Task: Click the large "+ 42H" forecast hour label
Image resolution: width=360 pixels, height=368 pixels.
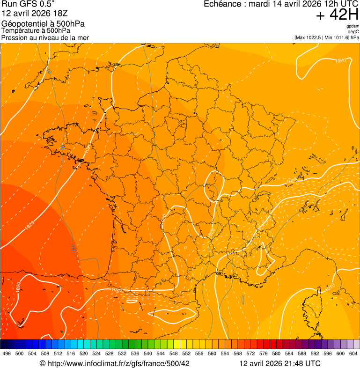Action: click(337, 15)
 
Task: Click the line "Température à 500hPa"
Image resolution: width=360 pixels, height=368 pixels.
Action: click(36, 31)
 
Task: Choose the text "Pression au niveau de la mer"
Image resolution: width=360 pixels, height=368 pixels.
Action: click(45, 37)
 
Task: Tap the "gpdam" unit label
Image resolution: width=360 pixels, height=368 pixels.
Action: click(353, 26)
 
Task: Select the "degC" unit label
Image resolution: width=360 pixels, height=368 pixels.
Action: click(354, 32)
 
